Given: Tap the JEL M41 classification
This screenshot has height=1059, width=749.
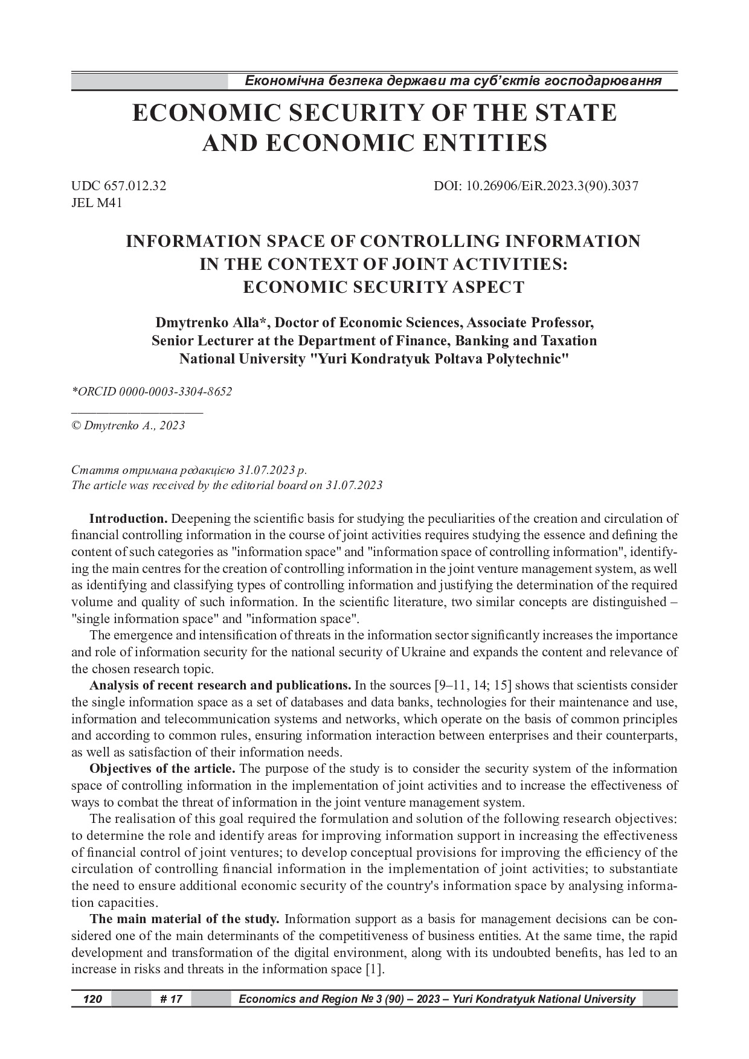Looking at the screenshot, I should [x=97, y=203].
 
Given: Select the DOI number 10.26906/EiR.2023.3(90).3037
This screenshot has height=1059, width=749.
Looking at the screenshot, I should [x=553, y=187].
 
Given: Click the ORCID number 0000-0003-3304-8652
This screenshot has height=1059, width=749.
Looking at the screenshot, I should [x=175, y=392].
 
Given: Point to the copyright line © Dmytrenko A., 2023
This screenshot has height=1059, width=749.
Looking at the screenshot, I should [x=128, y=426].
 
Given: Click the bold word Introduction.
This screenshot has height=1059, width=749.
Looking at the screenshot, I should [x=128, y=519].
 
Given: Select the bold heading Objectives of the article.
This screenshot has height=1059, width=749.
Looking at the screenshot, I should [x=162, y=769].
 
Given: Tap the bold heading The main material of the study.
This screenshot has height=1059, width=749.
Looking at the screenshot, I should [x=184, y=920].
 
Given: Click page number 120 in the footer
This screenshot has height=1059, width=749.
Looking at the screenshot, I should [x=92, y=999].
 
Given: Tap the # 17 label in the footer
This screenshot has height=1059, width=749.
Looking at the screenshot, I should [x=172, y=999].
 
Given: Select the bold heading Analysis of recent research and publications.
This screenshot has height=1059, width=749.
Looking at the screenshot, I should [x=220, y=686].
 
